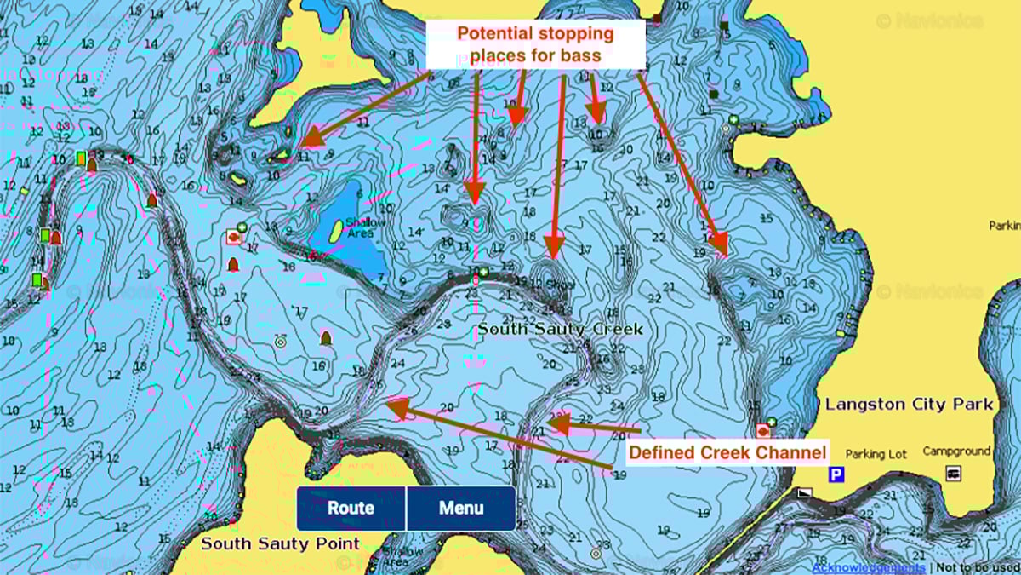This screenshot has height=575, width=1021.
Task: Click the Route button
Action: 351,509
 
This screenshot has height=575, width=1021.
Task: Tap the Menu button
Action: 461,509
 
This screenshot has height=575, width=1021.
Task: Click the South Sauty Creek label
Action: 560,329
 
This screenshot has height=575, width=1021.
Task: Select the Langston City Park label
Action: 909,404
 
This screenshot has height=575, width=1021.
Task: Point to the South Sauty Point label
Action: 280,543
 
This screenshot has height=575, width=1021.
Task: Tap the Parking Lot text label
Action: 876,454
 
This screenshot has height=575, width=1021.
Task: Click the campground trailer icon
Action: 953,474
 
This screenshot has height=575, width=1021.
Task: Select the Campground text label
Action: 956,451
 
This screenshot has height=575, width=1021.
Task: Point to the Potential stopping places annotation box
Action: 535,45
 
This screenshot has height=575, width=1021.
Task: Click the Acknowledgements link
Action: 868,567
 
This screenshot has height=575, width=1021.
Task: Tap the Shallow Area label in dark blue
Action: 366,228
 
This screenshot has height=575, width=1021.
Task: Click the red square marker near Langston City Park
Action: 762,430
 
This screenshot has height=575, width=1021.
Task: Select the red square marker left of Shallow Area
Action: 234,237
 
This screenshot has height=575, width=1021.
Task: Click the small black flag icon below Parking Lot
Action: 804,493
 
